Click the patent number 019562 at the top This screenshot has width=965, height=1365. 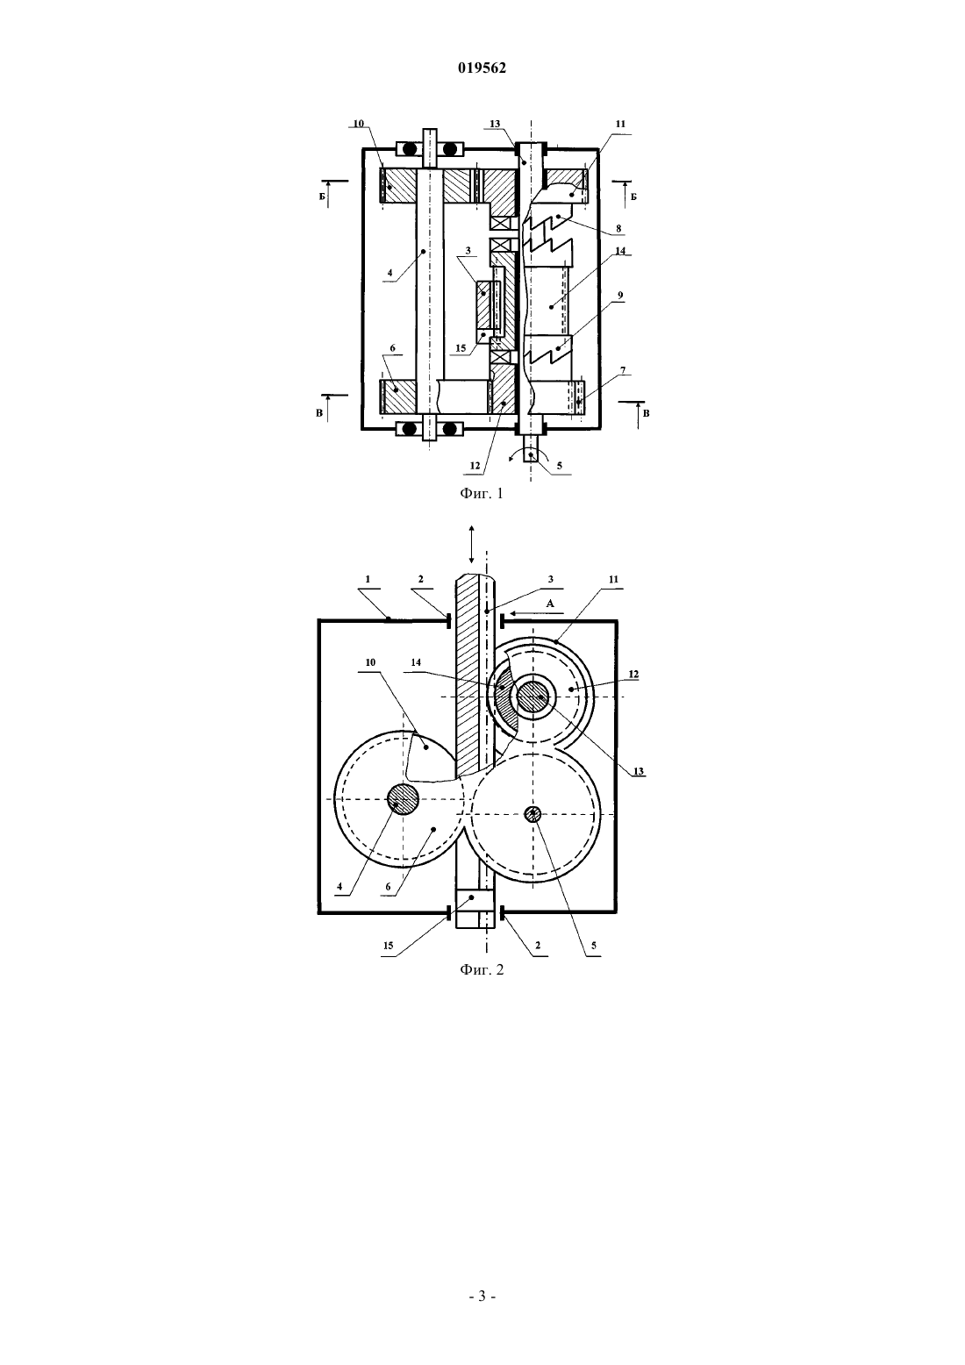pos(482,68)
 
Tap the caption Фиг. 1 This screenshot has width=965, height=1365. pos(482,494)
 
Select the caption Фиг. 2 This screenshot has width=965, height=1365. pos(482,969)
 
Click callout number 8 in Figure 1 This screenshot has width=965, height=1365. pos(618,228)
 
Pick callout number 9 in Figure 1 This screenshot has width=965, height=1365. pos(620,296)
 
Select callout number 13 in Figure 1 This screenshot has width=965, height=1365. pos(495,124)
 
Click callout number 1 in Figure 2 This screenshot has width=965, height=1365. pos(368,580)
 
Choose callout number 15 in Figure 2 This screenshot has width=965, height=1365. pos(388,947)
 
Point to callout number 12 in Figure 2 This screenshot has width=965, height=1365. pos(633,675)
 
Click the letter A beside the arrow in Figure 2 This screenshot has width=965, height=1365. pos(550,604)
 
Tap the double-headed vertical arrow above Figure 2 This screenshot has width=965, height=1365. pos(472,544)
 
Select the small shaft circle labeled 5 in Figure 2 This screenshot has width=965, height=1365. pos(533,813)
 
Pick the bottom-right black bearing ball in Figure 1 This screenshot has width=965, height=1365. pos(449,429)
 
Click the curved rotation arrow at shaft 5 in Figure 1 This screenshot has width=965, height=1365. pos(529,454)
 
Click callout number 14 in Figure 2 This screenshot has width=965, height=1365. pos(416,662)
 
